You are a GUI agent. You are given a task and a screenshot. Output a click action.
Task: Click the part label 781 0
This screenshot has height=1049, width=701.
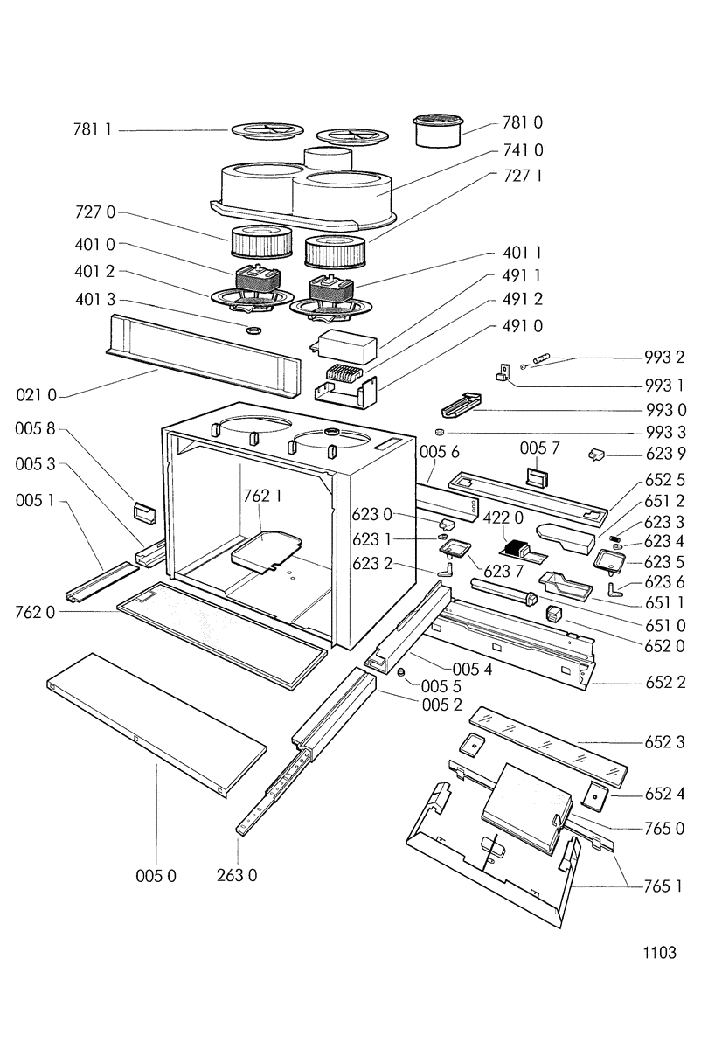(522, 122)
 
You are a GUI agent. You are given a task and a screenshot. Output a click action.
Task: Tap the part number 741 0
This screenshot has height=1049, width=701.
(523, 149)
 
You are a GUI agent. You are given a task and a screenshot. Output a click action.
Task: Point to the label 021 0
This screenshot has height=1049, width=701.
(36, 395)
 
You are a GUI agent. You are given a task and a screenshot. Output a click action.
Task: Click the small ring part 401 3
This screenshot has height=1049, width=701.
(253, 330)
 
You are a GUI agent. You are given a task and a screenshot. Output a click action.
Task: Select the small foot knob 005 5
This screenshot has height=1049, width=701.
(401, 672)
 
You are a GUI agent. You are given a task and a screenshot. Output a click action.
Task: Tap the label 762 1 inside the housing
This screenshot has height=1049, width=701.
(262, 496)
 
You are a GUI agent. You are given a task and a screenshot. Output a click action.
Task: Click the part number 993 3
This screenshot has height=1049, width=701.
(665, 432)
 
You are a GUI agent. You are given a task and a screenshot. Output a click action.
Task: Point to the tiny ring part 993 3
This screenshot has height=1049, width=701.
(440, 432)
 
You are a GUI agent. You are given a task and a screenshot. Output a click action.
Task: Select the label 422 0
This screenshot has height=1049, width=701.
(503, 518)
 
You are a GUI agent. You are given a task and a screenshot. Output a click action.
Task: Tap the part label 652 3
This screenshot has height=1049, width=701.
(664, 742)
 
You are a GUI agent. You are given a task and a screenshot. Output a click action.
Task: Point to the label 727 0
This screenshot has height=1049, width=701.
(94, 212)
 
